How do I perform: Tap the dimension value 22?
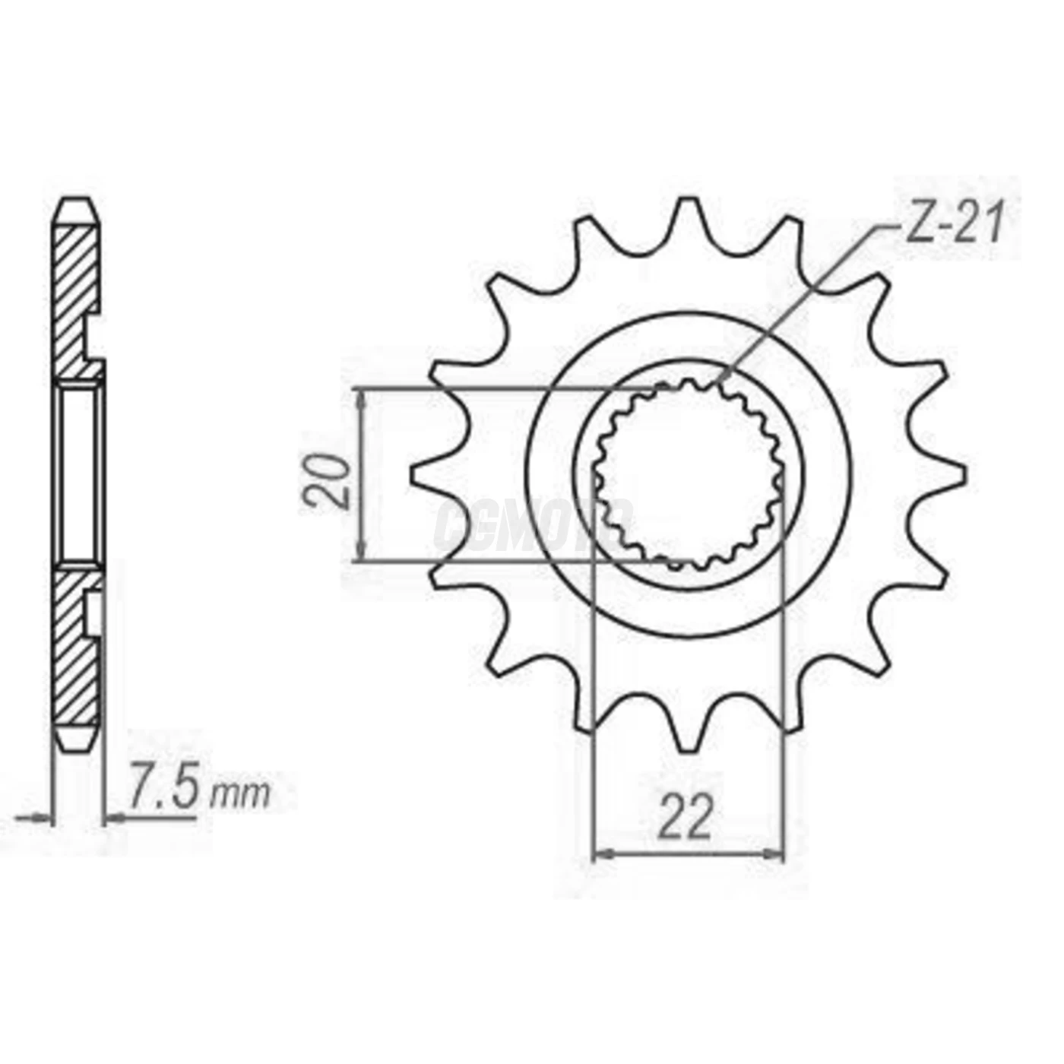(686, 818)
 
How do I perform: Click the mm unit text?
(240, 795)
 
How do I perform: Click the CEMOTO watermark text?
(532, 524)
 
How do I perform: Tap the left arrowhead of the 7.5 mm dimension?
(44, 819)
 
